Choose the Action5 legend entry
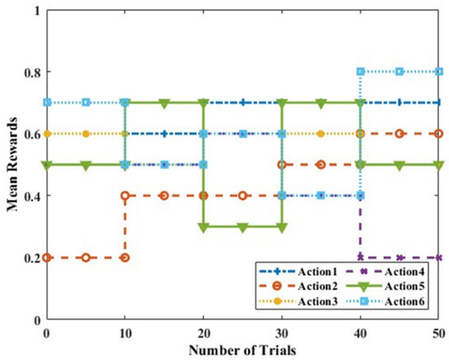pos(388,287)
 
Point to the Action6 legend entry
pos(388,302)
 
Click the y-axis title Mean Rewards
pos(15,163)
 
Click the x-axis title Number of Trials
pos(242,349)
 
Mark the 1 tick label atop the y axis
pos(36,10)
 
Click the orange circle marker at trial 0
pos(47,257)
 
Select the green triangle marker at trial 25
pos(242,228)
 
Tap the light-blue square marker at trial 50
pos(438,72)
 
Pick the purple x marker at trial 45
pos(399,257)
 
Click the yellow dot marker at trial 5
pos(86,133)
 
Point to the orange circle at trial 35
pos(321,164)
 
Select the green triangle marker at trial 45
pos(399,165)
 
